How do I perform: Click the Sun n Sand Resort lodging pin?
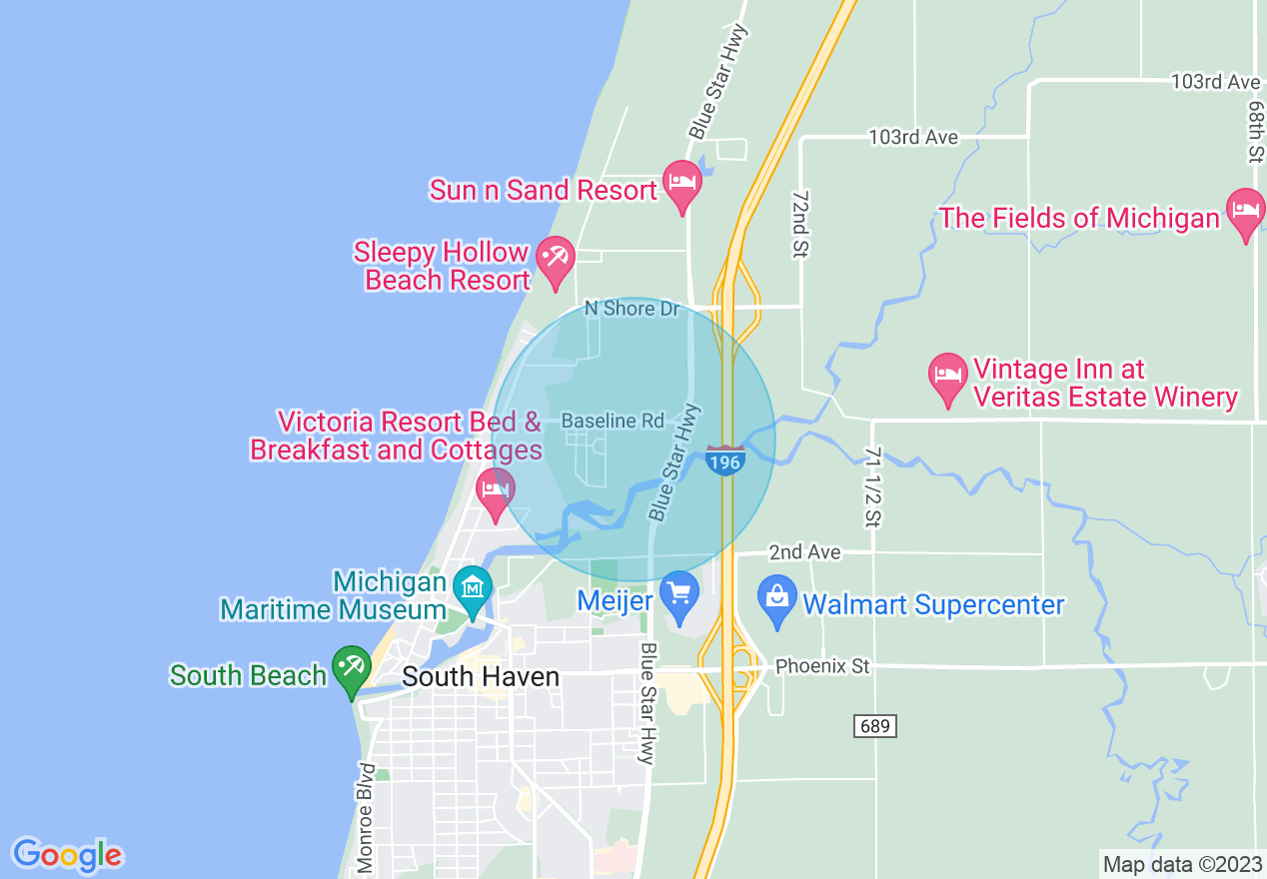click(682, 184)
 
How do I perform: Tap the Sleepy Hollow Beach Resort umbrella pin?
click(554, 259)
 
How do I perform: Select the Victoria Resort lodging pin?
click(496, 490)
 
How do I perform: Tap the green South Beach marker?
click(351, 667)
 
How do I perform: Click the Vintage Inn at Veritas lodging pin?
click(947, 377)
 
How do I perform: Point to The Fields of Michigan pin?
click(1245, 212)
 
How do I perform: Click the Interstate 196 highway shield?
click(724, 460)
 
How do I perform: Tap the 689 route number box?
click(874, 726)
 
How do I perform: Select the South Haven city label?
click(480, 677)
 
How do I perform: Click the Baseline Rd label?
click(613, 421)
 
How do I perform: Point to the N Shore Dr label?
click(632, 309)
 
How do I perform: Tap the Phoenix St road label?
click(822, 665)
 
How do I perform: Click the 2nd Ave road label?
click(804, 551)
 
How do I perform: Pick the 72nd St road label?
click(798, 226)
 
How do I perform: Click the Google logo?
click(67, 854)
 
